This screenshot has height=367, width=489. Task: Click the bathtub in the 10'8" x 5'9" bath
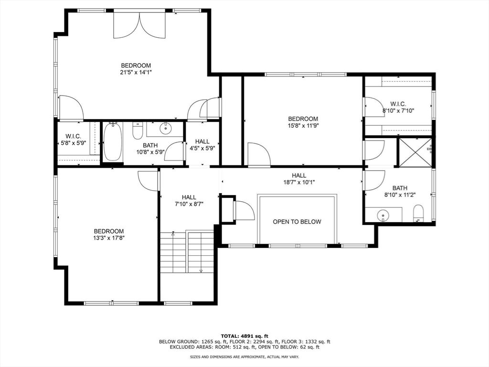[x=113, y=142]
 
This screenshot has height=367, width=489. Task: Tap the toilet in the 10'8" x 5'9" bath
[x=138, y=130]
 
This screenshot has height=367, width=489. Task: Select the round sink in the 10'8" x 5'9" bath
[x=166, y=128]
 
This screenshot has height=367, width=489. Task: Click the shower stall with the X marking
[x=415, y=152]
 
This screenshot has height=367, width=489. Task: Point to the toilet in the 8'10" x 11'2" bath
[x=418, y=213]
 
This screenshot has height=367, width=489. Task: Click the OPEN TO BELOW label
[x=297, y=222]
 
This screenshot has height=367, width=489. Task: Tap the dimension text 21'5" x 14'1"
[x=136, y=73]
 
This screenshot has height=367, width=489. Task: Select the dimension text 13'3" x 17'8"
[x=108, y=237]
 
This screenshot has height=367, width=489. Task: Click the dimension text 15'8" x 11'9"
[x=303, y=126]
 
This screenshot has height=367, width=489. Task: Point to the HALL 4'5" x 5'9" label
[x=202, y=145]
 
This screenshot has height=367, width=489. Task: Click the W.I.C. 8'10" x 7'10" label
[x=398, y=107]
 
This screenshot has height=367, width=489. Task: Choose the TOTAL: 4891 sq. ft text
[x=244, y=335]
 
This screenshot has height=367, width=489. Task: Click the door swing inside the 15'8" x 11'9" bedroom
[x=258, y=155]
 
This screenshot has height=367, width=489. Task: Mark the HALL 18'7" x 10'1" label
[x=299, y=179]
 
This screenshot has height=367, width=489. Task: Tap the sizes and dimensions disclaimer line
[x=244, y=357]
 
